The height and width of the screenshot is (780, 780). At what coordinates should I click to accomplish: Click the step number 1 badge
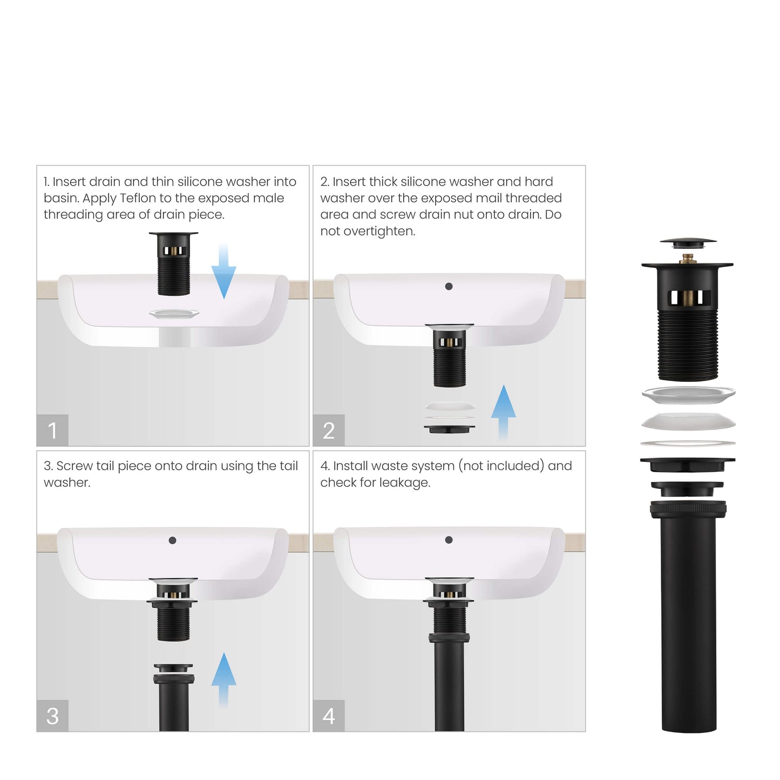[52, 430]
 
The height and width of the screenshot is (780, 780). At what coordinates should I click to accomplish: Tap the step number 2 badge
[328, 430]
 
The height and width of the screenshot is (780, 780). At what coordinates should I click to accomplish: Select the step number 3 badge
[52, 716]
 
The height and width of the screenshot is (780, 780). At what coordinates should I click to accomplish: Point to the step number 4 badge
[328, 716]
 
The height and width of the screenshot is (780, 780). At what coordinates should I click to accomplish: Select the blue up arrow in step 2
[503, 410]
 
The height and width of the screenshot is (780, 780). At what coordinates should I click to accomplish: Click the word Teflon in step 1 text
[138, 198]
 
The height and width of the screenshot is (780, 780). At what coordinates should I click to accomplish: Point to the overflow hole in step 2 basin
[449, 286]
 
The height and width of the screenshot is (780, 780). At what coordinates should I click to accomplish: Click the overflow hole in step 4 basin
[449, 540]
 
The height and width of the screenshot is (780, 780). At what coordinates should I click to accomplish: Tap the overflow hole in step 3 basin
[172, 540]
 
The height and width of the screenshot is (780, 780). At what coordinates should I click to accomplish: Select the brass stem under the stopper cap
[688, 259]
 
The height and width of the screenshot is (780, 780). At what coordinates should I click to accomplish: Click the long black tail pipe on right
[689, 621]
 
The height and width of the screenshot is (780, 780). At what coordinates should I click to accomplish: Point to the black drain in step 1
[173, 264]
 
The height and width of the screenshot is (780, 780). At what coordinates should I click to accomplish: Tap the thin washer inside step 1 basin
[174, 314]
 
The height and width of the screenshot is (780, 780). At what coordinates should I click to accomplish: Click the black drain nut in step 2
[449, 429]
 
